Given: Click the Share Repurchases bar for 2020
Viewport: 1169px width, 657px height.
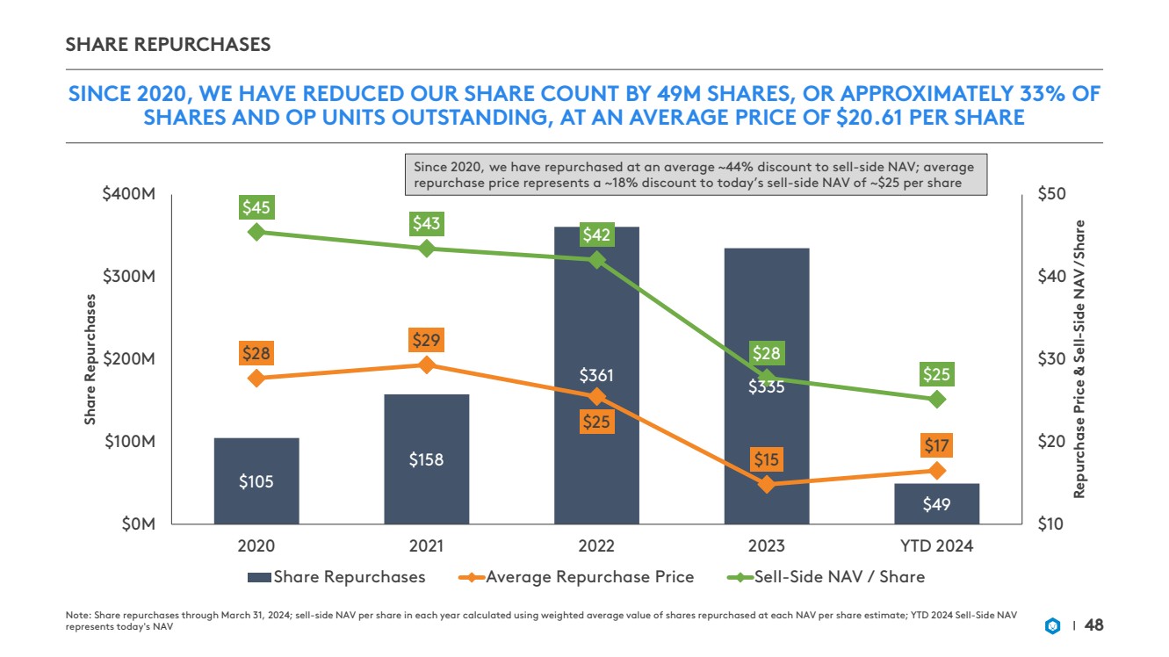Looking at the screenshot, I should pyautogui.click(x=256, y=480).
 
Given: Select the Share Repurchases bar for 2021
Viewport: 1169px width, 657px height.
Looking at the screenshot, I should pyautogui.click(x=427, y=458).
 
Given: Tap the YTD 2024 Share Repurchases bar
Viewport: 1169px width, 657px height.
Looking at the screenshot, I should pyautogui.click(x=936, y=503).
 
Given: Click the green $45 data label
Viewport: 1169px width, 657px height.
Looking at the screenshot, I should pyautogui.click(x=256, y=208).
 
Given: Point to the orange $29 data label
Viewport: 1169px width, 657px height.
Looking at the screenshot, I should pyautogui.click(x=427, y=340).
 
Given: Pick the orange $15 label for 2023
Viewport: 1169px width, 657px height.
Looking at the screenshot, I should pyautogui.click(x=766, y=459).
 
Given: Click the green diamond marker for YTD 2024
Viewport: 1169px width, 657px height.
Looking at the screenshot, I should pyautogui.click(x=936, y=399).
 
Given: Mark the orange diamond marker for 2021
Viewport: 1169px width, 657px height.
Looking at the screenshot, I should pyautogui.click(x=427, y=365).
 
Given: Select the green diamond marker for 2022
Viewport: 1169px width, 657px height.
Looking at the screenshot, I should pyautogui.click(x=596, y=260).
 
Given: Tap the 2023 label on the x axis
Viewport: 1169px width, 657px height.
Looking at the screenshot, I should pyautogui.click(x=767, y=545).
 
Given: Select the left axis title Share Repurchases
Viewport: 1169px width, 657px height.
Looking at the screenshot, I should pyautogui.click(x=90, y=359).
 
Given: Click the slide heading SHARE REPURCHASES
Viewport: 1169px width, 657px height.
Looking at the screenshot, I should pyautogui.click(x=168, y=44).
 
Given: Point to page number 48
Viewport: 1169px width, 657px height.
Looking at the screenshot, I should pyautogui.click(x=1093, y=625).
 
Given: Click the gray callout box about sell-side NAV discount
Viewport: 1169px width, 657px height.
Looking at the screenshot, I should pyautogui.click(x=696, y=175).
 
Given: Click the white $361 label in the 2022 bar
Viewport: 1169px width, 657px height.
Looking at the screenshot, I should pyautogui.click(x=596, y=376).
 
